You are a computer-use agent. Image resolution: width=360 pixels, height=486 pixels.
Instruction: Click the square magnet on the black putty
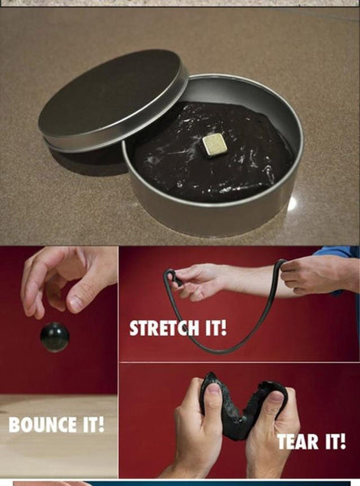(213, 146)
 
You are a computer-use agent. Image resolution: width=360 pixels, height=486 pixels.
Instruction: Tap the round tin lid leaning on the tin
(114, 99)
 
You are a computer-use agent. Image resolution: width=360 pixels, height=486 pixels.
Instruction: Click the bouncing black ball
(54, 337)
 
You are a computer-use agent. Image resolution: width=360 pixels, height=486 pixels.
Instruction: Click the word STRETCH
(164, 328)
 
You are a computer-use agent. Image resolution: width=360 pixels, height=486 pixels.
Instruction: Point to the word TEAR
(298, 441)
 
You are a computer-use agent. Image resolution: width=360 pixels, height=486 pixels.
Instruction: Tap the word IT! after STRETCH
(216, 328)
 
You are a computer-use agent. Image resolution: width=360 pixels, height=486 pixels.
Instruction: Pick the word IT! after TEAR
(336, 441)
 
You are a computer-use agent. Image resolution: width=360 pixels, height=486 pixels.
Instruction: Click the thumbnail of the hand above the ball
(75, 303)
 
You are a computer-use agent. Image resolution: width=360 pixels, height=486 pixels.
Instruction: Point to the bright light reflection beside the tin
(292, 203)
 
